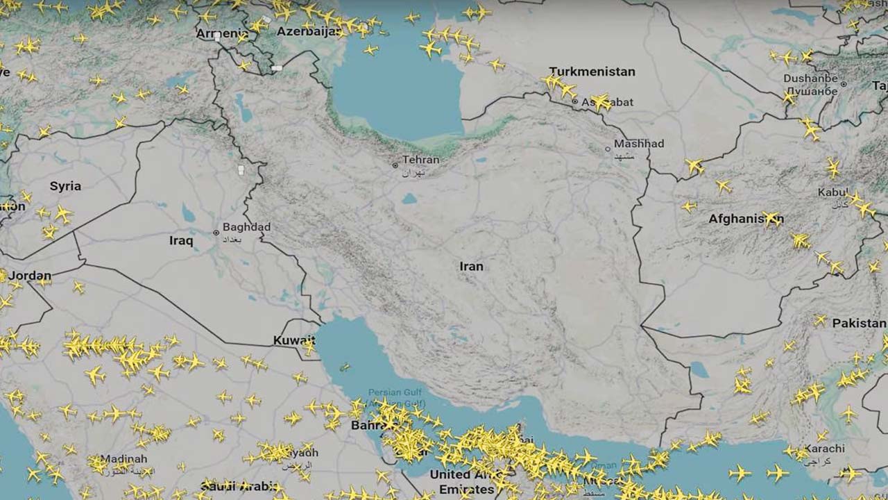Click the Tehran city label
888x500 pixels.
(421, 160)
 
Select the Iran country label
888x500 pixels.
(471, 267)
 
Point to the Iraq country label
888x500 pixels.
(181, 241)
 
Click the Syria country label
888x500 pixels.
(65, 186)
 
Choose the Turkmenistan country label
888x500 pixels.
(592, 72)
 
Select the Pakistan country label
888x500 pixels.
(859, 324)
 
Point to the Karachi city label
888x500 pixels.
(825, 449)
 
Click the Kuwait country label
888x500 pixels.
(293, 340)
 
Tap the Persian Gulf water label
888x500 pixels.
(393, 392)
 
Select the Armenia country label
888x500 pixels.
(221, 33)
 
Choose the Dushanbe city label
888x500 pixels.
(810, 78)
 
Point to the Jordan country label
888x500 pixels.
(31, 276)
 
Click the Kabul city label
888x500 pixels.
(832, 192)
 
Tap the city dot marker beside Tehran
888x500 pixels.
(395, 165)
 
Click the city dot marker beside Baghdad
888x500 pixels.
(216, 233)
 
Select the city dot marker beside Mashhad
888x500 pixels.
(608, 148)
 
